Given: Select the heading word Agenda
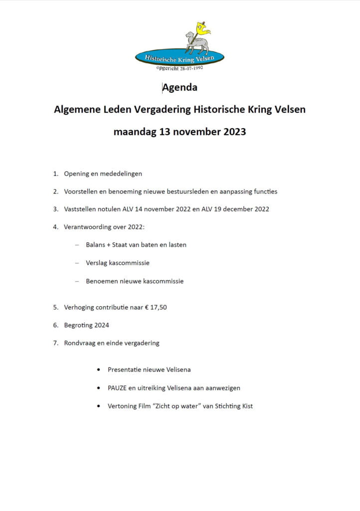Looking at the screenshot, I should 180,88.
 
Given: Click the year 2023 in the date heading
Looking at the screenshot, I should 231,132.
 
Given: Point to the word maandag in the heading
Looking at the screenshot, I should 134,133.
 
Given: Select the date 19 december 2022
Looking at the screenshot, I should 240,209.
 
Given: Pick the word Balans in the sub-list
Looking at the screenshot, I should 95,245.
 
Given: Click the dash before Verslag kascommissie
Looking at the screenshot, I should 77,263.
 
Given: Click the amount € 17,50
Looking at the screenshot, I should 155,307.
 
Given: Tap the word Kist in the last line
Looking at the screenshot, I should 246,406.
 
